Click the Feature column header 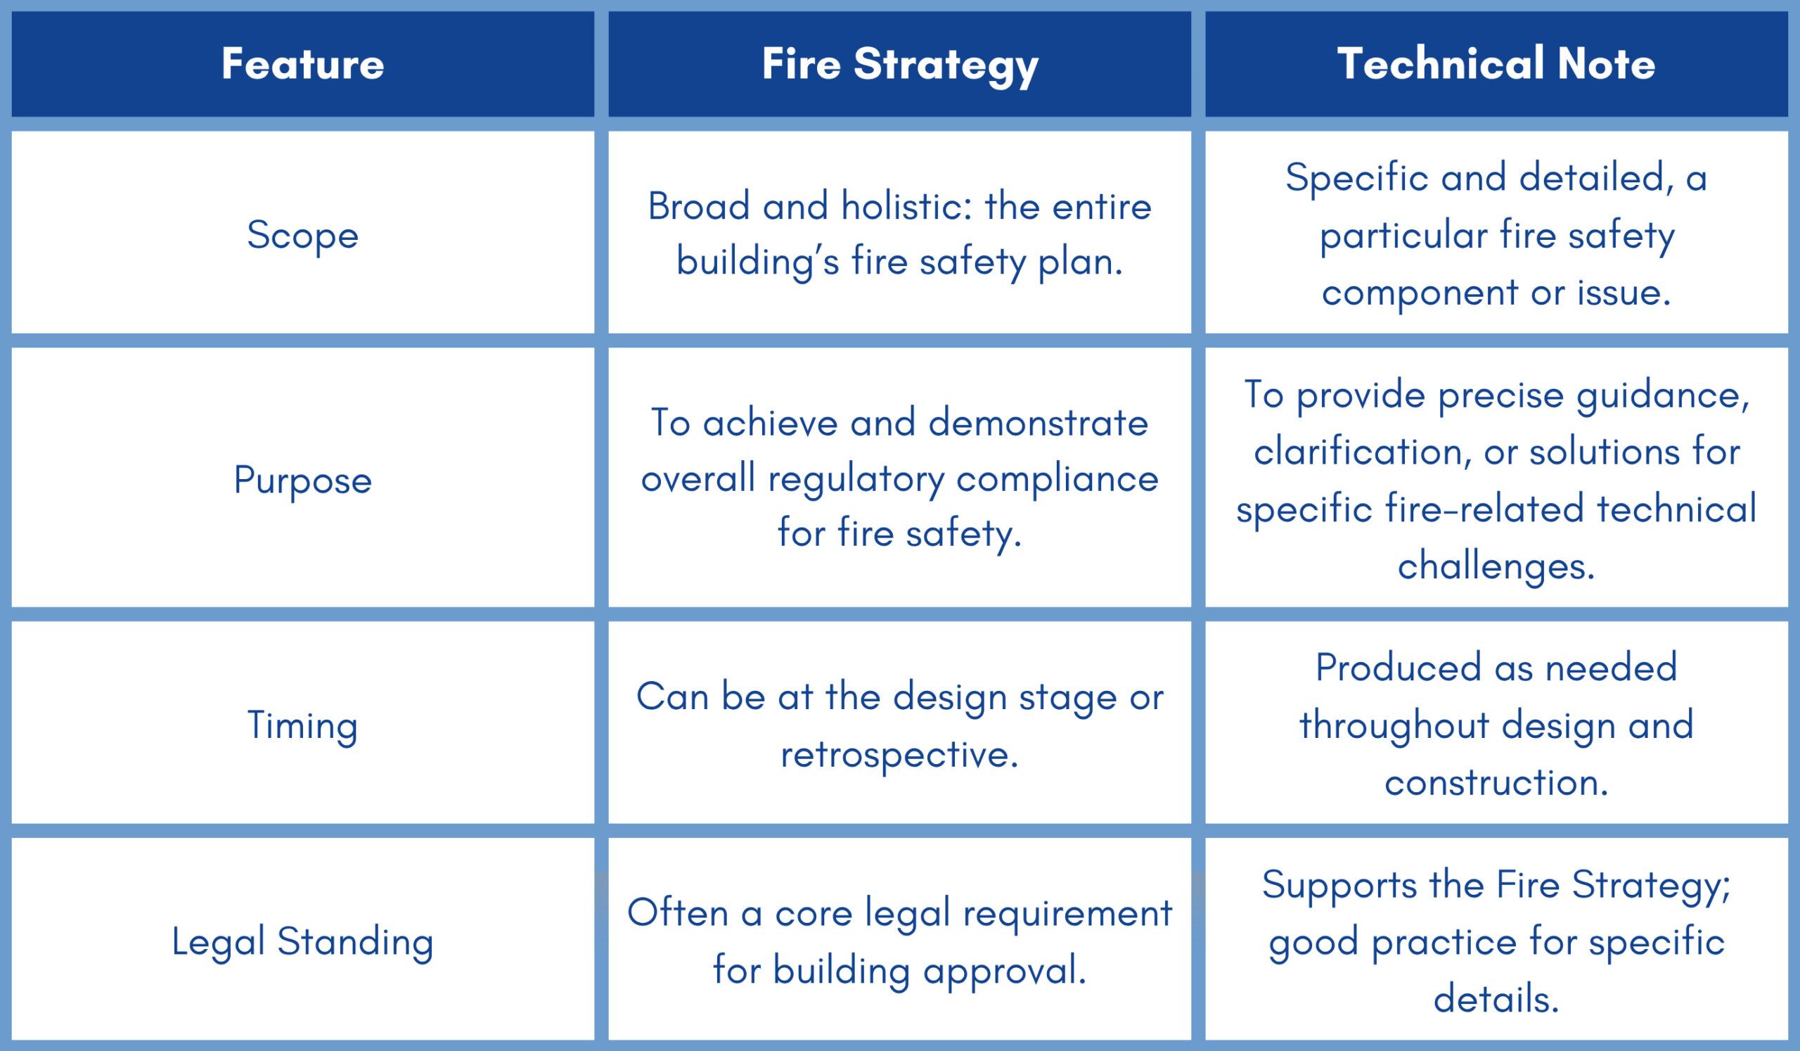click(x=303, y=63)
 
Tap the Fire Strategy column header click(x=900, y=65)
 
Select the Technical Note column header click(x=1496, y=63)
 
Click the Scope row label click(x=303, y=236)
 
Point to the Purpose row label click(x=303, y=480)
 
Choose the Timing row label click(x=303, y=726)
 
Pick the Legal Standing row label click(x=303, y=942)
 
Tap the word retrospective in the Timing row click(x=899, y=756)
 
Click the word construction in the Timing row click(x=1496, y=783)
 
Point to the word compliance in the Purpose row click(x=1057, y=478)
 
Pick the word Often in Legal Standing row click(x=677, y=913)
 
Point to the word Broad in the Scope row click(x=698, y=207)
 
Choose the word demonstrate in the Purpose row click(x=1038, y=422)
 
